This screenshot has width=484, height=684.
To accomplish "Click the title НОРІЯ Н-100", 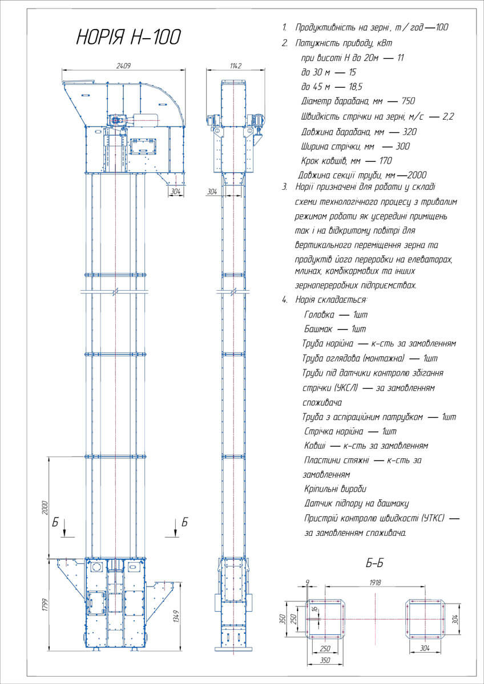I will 128,38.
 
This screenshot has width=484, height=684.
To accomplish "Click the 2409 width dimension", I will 123,66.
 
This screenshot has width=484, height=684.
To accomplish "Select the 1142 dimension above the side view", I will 236,66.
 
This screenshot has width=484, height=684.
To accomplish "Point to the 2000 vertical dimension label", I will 45,507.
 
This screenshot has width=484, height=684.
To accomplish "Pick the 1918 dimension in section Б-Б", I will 374,583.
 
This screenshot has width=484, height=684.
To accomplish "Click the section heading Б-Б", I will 374,564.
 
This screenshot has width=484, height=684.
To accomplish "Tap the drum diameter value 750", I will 408,101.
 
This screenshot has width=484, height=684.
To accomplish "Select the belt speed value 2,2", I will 447,116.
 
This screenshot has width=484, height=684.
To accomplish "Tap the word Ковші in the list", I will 315,445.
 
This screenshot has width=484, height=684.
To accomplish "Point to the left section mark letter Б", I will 55,522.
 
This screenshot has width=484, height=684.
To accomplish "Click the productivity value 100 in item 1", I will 442,27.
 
